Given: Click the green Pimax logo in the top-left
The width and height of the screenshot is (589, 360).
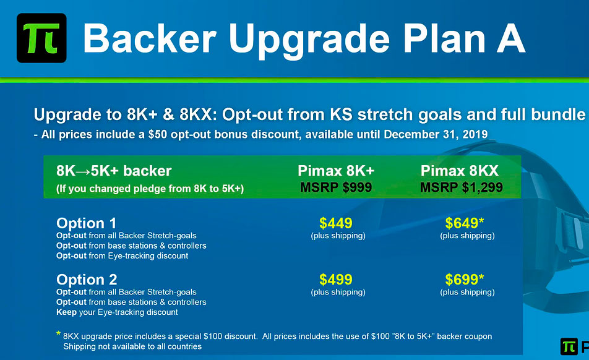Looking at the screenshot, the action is [41, 38].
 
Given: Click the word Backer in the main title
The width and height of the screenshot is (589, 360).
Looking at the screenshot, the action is [150, 39].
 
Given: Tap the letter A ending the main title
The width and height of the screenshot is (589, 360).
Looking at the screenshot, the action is [510, 39].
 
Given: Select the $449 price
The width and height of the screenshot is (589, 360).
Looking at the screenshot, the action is [336, 223].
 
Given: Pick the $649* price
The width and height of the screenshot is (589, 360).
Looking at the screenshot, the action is [464, 223].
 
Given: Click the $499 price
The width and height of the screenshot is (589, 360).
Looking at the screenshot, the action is [336, 280].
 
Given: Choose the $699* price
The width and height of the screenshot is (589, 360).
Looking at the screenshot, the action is [464, 280].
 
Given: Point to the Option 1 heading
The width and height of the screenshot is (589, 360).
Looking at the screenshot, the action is [87, 223].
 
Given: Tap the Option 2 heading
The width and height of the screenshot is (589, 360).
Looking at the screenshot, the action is [87, 280].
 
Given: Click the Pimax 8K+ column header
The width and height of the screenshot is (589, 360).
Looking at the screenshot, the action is [336, 171].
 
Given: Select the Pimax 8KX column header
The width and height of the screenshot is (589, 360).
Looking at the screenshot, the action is [460, 171].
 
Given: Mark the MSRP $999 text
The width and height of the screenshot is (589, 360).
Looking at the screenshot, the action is [336, 187].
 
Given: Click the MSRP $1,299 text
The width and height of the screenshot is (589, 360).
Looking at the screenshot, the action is [462, 187].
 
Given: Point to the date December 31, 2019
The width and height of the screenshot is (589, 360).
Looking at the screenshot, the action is [436, 134].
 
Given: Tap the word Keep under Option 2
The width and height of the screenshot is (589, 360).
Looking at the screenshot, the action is [66, 312].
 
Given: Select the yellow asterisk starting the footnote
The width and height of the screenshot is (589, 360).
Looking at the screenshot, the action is [58, 333].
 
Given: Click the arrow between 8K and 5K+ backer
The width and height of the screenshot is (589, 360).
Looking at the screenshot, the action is [83, 171].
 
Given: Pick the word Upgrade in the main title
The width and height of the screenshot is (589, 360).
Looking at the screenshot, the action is [309, 41].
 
